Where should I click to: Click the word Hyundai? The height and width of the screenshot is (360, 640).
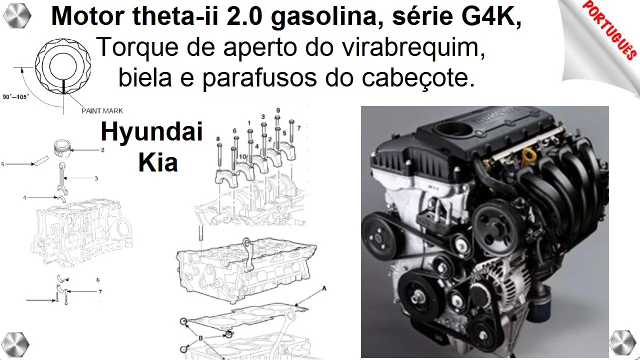point(151,132)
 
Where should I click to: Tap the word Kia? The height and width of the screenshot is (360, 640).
point(158,162)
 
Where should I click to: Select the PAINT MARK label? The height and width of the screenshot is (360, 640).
point(102,111)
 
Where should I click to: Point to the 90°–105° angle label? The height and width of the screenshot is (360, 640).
point(16,97)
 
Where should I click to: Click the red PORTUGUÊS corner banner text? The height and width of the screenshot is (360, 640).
point(609,29)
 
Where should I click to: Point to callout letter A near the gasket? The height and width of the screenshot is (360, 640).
point(324,288)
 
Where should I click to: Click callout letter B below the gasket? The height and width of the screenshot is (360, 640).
point(200,338)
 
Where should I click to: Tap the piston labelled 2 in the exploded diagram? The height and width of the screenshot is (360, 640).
point(63,148)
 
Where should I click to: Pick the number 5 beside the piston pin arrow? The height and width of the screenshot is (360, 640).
point(3,164)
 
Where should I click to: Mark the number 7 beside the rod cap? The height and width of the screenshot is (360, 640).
point(100,291)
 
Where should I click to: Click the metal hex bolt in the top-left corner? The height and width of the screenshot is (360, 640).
point(17,15)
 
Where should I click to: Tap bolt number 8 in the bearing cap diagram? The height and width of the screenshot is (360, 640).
point(219,154)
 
